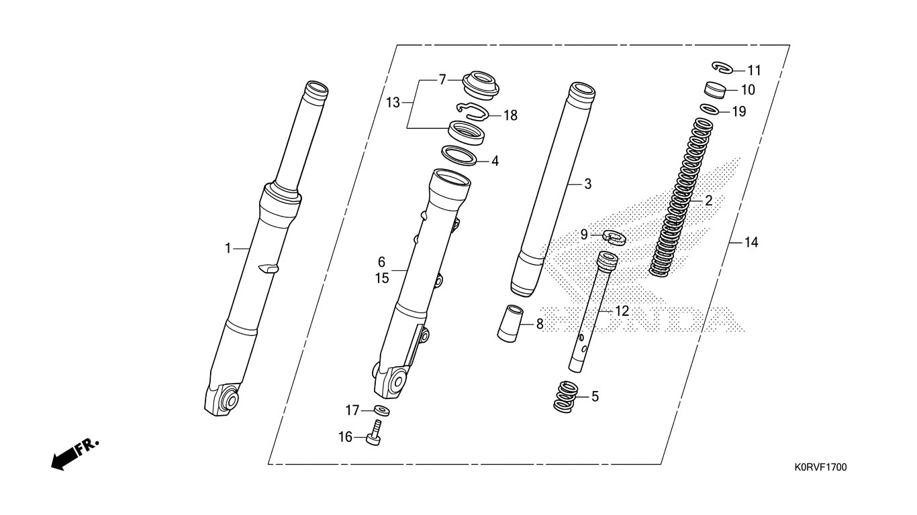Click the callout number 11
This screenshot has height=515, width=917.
pyautogui.click(x=754, y=71)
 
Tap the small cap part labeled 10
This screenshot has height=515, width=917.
pyautogui.click(x=714, y=91)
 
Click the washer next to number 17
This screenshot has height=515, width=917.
pyautogui.click(x=381, y=410)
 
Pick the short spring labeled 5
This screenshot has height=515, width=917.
pyautogui.click(x=566, y=396)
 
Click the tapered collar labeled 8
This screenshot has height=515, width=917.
pyautogui.click(x=510, y=323)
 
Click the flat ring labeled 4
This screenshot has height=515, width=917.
pyautogui.click(x=459, y=156)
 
